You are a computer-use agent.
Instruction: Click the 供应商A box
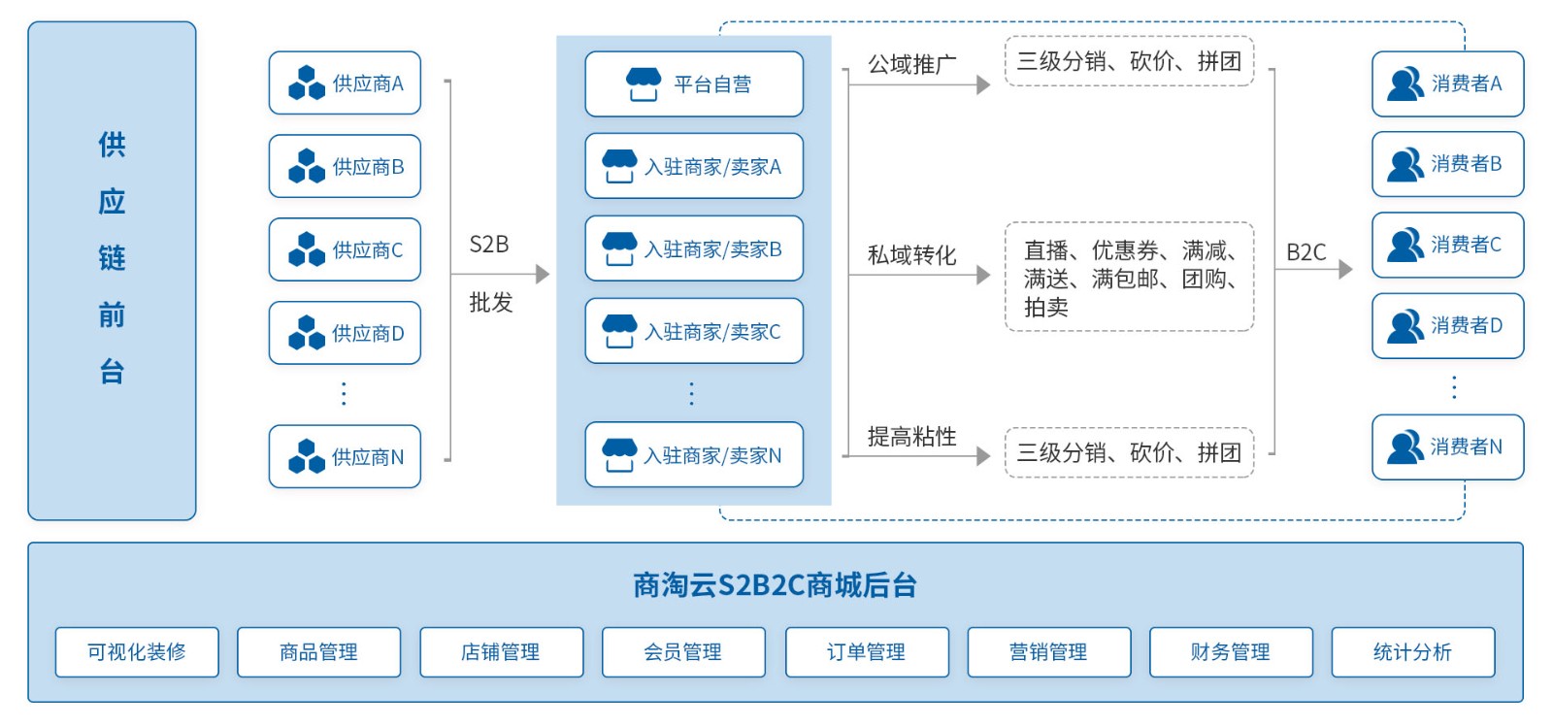345,83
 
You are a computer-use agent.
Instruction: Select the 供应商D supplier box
345,333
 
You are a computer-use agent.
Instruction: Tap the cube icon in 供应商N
307,456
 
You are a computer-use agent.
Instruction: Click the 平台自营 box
694,84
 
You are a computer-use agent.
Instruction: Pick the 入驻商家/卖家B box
694,249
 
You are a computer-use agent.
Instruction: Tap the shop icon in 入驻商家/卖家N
619,454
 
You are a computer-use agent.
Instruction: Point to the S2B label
489,245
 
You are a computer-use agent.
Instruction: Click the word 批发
490,303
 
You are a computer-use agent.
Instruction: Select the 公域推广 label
911,65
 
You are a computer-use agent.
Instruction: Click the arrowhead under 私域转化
983,275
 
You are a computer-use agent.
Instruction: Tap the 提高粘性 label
911,437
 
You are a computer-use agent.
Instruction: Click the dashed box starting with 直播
1129,278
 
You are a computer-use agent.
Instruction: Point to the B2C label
1305,252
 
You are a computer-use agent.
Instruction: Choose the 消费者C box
1447,245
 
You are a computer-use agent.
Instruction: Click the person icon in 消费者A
1404,84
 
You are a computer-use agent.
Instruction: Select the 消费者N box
1447,446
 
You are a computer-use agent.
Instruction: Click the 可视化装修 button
137,652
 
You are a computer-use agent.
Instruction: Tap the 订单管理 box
866,652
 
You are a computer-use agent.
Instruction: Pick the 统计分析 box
1412,652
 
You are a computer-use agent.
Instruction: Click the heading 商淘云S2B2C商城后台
775,585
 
